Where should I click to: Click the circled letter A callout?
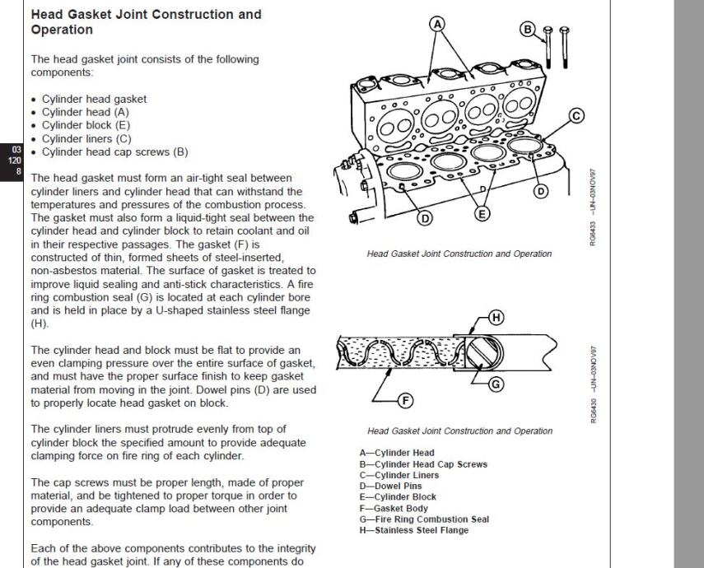click(437, 23)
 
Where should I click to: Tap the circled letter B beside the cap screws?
click(528, 30)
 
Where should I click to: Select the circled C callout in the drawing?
click(576, 115)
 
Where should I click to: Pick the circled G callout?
click(496, 384)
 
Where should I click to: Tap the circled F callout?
click(404, 402)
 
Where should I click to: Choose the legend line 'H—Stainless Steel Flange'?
click(408, 530)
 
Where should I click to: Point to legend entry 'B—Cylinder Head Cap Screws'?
click(418, 463)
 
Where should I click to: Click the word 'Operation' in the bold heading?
click(61, 30)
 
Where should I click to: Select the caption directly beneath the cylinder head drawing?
click(459, 254)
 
